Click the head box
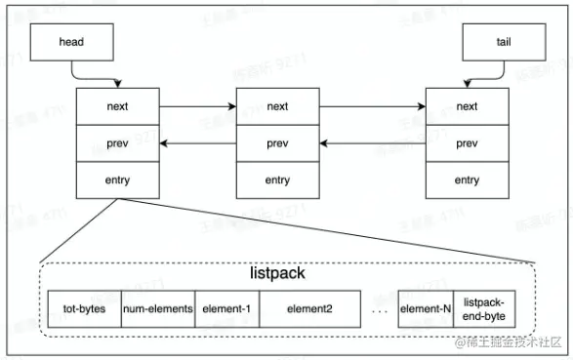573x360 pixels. coord(72,43)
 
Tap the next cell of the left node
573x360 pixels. coord(117,106)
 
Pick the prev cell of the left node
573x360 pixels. coord(117,143)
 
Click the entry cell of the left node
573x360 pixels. coord(117,180)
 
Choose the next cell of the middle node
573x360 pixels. coord(277,106)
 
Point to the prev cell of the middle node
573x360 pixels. coord(277,143)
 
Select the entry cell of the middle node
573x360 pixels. coord(277,180)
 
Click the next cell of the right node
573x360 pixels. coord(467,106)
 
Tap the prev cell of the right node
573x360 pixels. coord(467,143)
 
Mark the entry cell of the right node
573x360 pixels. coord(467,180)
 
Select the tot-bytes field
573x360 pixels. coord(84,309)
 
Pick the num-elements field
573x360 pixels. coord(157,309)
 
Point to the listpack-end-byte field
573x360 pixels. coord(486,309)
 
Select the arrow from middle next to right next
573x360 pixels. coord(371,106)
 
